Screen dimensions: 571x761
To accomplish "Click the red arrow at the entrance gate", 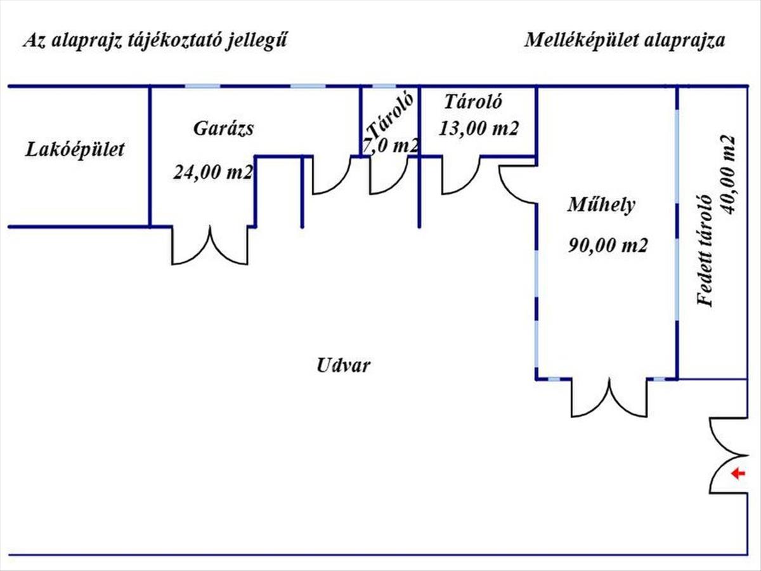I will click(736, 473).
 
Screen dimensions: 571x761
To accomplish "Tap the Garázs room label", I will click(223, 129).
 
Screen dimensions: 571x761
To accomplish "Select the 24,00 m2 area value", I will click(213, 172).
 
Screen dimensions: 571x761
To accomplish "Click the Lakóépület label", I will click(75, 150).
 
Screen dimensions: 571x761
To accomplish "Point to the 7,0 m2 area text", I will click(391, 146).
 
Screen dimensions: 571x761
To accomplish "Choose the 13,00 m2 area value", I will click(479, 128).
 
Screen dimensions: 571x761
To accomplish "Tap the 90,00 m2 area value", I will click(608, 246).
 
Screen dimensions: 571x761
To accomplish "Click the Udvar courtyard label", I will click(343, 365).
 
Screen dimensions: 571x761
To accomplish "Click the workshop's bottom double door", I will click(610, 398).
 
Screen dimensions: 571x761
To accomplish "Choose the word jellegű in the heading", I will click(260, 41).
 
